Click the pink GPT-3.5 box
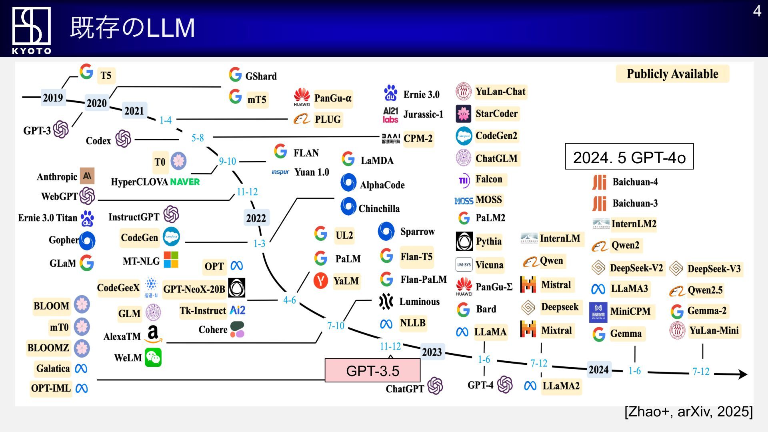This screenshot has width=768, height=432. [372, 370]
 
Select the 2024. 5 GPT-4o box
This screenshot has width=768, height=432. [629, 157]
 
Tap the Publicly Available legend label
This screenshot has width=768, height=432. [672, 74]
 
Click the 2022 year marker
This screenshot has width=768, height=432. [256, 218]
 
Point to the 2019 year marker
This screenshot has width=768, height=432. [53, 98]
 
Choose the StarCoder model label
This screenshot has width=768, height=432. [496, 114]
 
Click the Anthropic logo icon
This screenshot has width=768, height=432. [87, 176]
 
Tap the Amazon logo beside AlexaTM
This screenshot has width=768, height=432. [154, 334]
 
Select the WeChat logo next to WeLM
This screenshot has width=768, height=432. [153, 357]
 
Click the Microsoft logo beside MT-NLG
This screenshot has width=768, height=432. [171, 260]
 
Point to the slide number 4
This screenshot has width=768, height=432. [757, 11]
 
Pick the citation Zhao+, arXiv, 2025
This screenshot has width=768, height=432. [688, 412]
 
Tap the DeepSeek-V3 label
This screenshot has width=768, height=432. [714, 269]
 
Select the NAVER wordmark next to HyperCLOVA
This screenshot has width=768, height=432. [185, 182]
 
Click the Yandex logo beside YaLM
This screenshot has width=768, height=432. [320, 281]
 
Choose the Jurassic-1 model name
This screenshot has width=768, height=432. [423, 114]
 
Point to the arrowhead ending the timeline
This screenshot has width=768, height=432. [742, 374]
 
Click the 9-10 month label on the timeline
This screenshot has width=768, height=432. [227, 161]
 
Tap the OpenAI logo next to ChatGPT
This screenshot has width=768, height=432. [435, 386]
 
